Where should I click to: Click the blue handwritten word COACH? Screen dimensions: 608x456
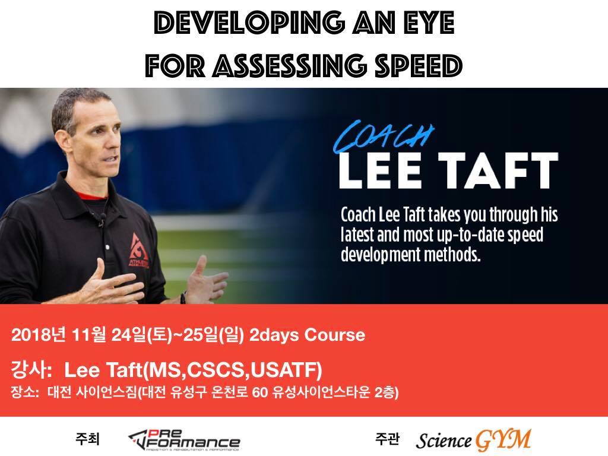(x=383, y=137)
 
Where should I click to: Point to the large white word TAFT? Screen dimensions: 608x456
(x=498, y=170)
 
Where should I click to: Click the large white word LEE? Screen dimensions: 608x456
(x=380, y=170)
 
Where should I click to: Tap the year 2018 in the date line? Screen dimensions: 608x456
(x=28, y=335)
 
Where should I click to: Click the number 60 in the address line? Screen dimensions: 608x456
(x=260, y=393)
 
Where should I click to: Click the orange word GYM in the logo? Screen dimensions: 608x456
(x=503, y=440)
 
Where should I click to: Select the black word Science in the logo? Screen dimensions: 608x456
(x=444, y=441)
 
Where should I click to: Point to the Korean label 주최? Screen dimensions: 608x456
(x=88, y=439)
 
